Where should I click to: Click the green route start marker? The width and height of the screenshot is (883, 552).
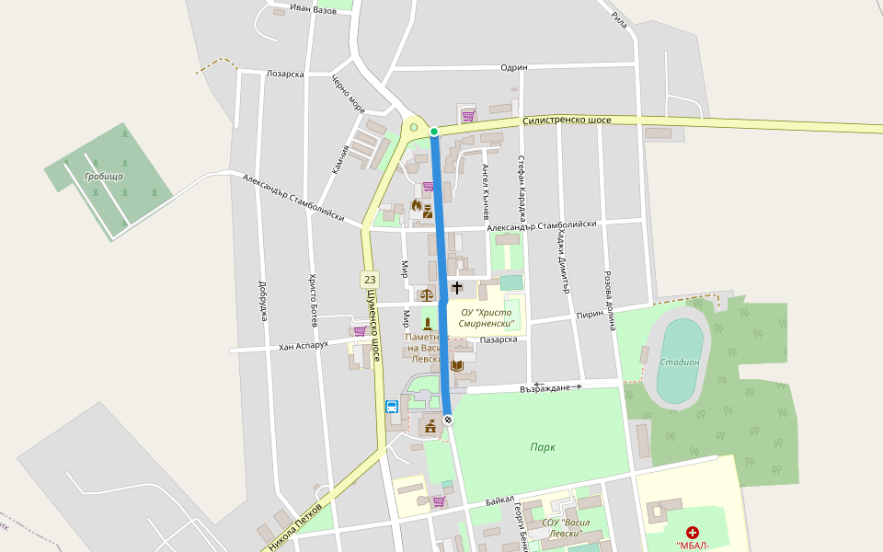point(434,132)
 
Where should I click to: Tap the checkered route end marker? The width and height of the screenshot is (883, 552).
point(448,420)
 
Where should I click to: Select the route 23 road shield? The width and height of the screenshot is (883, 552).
point(370,279)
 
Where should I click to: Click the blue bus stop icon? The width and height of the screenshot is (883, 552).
point(392,406)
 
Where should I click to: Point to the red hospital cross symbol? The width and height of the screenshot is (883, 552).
point(692,532)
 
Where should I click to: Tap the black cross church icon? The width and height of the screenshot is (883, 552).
point(457,288)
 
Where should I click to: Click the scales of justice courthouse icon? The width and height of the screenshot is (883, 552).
point(426,295)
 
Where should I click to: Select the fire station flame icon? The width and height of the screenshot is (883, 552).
point(416,206)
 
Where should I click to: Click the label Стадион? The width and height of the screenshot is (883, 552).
point(679,362)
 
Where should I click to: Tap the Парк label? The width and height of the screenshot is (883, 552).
point(543,447)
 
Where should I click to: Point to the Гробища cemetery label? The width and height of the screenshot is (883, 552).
point(103,176)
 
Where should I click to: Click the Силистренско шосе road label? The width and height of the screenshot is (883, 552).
point(566,121)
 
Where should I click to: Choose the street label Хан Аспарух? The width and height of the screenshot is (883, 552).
point(304,348)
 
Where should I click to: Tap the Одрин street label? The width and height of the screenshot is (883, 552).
point(513,67)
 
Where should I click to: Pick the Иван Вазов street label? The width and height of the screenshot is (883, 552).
point(313,9)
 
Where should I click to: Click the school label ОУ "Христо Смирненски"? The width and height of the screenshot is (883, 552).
point(487,317)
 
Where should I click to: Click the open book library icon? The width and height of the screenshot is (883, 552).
point(457,365)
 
